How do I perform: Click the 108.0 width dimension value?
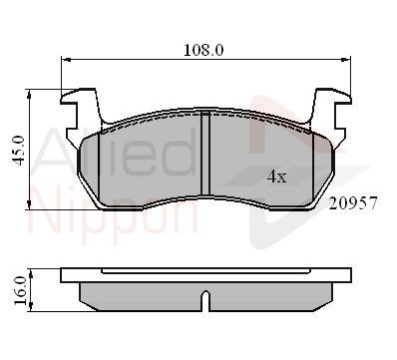pos(203,50)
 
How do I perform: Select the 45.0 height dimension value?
pos(18,151)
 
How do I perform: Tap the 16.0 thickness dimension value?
pos(20,290)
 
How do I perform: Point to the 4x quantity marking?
pos(276,177)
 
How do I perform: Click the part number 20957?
pos(353,202)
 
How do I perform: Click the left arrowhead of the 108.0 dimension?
pos(66,60)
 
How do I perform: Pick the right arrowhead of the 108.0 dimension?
pos(346,60)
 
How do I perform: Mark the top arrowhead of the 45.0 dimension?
pos(29,94)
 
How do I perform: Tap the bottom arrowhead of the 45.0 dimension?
pos(29,204)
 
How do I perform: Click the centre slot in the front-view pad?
pos(205,154)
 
